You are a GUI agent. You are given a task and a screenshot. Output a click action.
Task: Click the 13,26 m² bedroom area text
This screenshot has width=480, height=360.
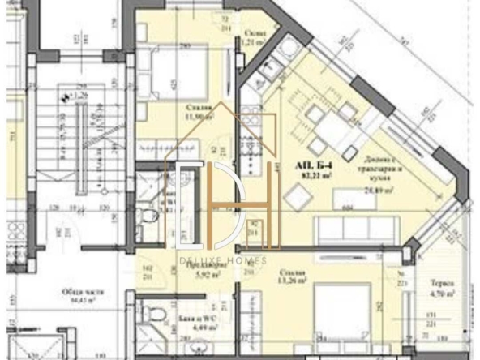tap(293, 281)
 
